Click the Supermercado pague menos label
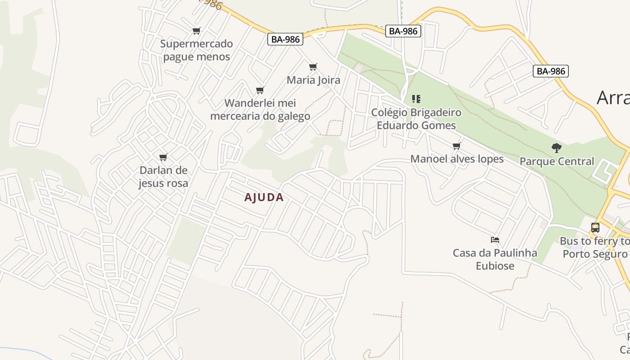(x=197, y=50)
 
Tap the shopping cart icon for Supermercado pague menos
(x=196, y=31)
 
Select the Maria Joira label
(x=314, y=80)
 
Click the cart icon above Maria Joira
(x=313, y=67)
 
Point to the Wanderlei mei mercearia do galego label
(x=260, y=109)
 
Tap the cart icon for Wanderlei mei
(x=260, y=90)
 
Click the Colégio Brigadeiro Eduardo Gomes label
(x=416, y=119)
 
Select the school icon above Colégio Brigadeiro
(x=416, y=99)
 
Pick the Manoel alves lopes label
(x=457, y=159)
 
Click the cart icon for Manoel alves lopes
(x=457, y=146)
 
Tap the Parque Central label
(x=557, y=161)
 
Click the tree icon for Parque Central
(x=557, y=148)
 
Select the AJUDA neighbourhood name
(x=264, y=197)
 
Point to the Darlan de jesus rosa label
(x=163, y=177)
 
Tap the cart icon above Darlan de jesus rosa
(x=163, y=157)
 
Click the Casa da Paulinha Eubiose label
(x=495, y=259)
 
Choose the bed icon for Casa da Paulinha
(x=495, y=240)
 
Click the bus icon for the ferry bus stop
(x=595, y=228)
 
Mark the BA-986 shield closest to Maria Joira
(x=286, y=39)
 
